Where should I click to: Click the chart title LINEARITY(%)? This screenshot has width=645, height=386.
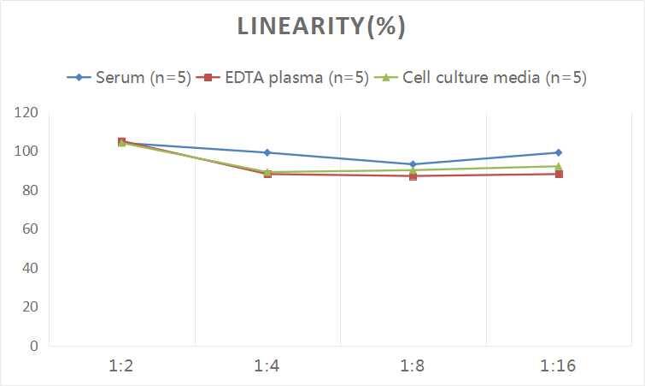(x=321, y=27)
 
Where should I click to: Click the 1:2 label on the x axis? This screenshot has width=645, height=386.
(x=122, y=366)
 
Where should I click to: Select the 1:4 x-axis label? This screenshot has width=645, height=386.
(x=267, y=366)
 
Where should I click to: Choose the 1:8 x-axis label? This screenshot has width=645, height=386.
(x=413, y=366)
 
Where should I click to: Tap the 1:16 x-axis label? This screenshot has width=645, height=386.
(x=559, y=366)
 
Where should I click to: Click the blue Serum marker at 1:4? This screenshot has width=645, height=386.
(x=267, y=152)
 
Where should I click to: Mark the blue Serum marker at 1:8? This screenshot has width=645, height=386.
(x=413, y=164)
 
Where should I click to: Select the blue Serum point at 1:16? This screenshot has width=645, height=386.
(x=559, y=152)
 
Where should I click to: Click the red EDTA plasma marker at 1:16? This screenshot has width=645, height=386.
(x=559, y=174)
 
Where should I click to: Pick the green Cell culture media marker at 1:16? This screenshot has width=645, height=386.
(x=559, y=166)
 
